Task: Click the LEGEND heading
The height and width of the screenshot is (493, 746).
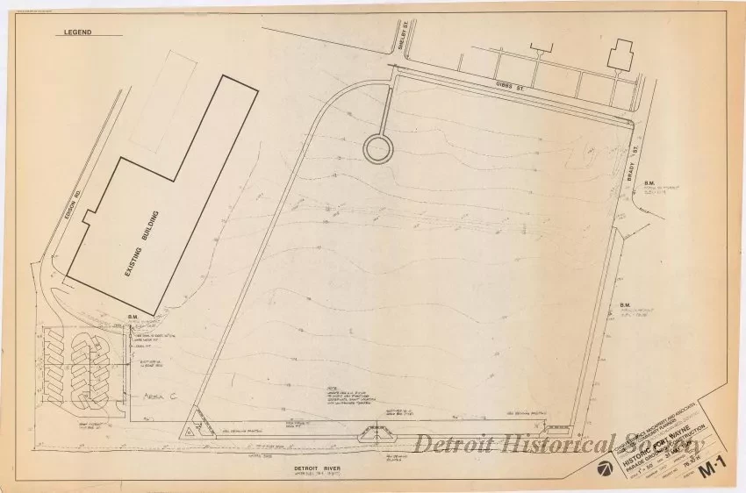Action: (80, 33)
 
